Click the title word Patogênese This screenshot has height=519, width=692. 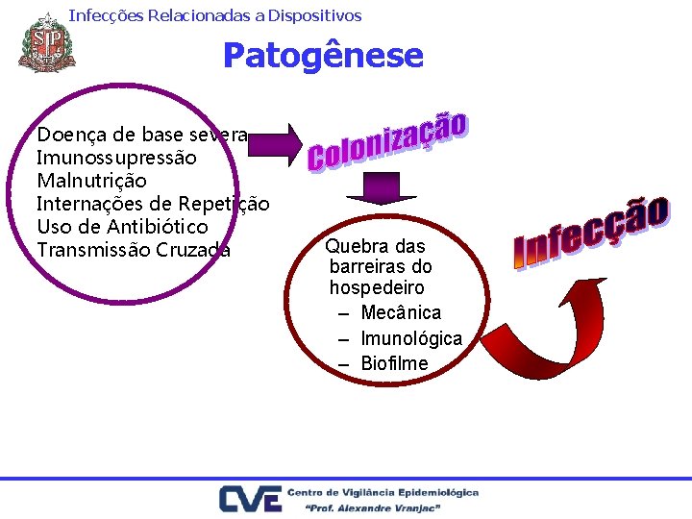[323, 55]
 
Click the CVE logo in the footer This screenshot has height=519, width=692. [250, 499]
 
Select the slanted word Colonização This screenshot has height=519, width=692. [388, 142]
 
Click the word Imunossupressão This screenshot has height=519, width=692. [116, 157]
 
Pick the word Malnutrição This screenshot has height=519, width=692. [91, 181]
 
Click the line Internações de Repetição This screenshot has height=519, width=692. [153, 204]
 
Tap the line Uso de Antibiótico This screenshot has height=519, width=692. [122, 227]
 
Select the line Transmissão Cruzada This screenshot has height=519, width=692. [134, 250]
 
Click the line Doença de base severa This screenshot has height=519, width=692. [142, 134]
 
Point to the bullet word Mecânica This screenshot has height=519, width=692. [401, 312]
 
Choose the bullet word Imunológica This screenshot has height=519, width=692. [411, 338]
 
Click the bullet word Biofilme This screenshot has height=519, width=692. [394, 363]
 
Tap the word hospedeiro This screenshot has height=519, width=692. [377, 287]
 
